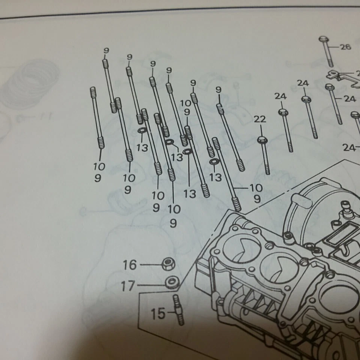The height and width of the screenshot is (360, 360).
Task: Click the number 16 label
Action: click(x=130, y=265)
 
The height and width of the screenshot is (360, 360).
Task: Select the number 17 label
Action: click(x=127, y=286)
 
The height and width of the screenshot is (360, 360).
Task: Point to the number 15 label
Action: click(x=158, y=313)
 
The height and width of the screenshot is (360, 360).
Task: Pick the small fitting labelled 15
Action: click(x=178, y=309)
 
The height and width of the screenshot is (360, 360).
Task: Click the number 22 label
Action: click(x=259, y=119)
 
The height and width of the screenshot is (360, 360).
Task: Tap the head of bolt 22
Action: click(x=261, y=139)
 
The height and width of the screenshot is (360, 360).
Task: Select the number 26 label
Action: click(x=345, y=47)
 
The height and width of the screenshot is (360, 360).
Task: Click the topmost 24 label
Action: click(x=303, y=83)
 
